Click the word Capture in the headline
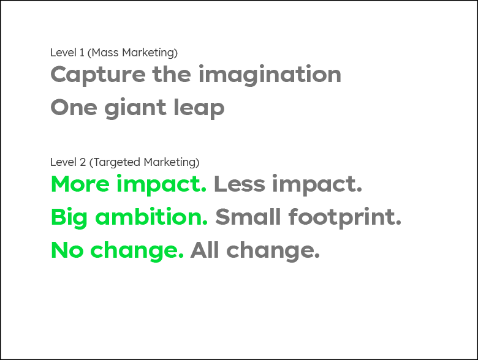click(98, 75)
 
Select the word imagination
click(270, 74)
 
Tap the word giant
click(135, 108)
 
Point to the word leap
click(199, 108)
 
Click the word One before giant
click(74, 108)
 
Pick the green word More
click(80, 184)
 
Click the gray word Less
click(240, 184)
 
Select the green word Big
click(69, 217)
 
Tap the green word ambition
click(151, 217)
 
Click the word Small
click(248, 217)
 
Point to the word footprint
click(345, 217)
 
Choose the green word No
click(67, 250)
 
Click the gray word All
click(205, 250)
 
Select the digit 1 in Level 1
click(82, 53)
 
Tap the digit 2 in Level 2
click(83, 162)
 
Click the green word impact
click(162, 185)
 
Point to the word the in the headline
click(172, 74)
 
